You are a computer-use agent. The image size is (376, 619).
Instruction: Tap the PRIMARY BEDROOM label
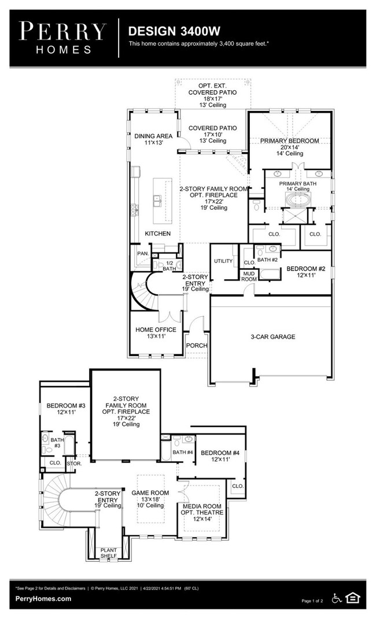(289, 140)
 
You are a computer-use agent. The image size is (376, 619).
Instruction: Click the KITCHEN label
(157, 233)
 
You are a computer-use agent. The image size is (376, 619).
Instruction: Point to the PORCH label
(197, 346)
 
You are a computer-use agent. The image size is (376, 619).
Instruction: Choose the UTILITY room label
(223, 261)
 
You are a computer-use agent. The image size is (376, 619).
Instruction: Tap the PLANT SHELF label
(108, 553)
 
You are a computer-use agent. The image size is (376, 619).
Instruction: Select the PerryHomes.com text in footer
(43, 599)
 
